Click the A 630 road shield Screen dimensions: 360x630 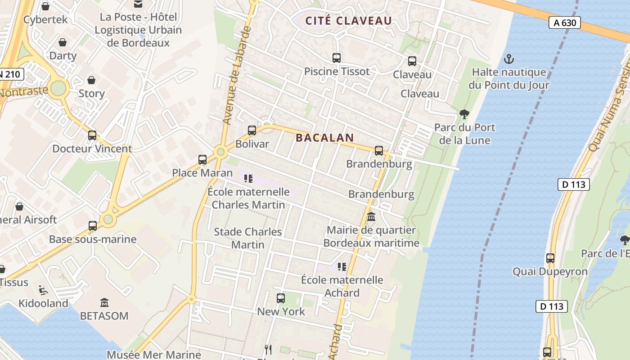point(564,22)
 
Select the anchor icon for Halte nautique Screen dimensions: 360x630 point(509,59)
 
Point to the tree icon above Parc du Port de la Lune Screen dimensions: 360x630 point(464,114)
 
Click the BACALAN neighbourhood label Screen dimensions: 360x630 point(325,138)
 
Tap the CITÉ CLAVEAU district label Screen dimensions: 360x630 point(349,21)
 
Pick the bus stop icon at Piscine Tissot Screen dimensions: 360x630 point(337,58)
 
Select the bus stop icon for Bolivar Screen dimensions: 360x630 point(252,130)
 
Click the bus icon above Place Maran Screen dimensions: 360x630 point(202,159)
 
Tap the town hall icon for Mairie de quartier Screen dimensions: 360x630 point(371,217)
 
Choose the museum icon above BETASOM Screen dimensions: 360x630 point(104,302)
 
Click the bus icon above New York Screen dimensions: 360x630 point(281,298)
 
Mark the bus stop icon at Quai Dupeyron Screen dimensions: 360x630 point(550,258)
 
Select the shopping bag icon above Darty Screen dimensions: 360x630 point(63,42)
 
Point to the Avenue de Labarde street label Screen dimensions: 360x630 point(237,76)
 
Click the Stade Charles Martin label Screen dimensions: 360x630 point(248,238)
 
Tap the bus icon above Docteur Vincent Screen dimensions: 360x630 point(92,135)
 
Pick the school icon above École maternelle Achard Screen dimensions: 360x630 point(342,267)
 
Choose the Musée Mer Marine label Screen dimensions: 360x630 point(154,355)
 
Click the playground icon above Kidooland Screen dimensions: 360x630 point(43,290)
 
